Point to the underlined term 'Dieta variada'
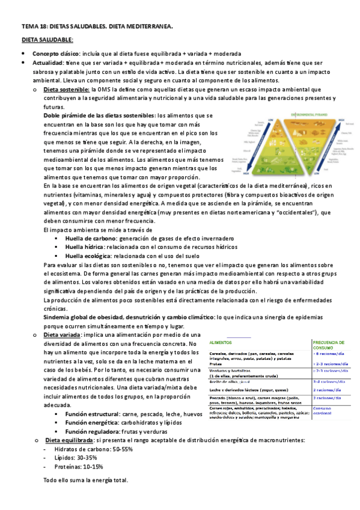63,334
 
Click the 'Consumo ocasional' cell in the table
325,410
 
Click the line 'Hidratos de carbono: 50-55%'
85,449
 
